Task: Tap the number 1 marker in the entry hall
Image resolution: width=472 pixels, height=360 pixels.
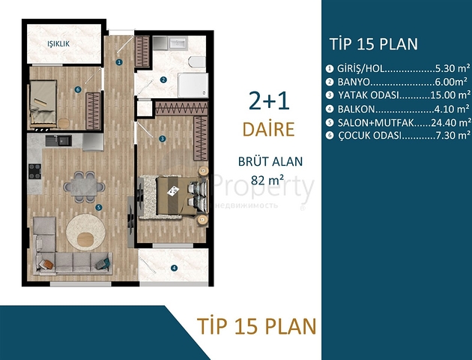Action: click(119, 61)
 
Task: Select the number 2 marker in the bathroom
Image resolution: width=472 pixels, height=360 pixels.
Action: click(163, 79)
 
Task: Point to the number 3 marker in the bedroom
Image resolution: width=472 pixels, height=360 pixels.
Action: click(163, 139)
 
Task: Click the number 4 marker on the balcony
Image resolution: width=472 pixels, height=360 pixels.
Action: click(174, 268)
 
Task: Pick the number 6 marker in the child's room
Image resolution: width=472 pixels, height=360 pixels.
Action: click(78, 90)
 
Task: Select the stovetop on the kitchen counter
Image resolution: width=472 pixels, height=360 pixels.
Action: click(34, 170)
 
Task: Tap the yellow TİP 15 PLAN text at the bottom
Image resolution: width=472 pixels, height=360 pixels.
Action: click(256, 325)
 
